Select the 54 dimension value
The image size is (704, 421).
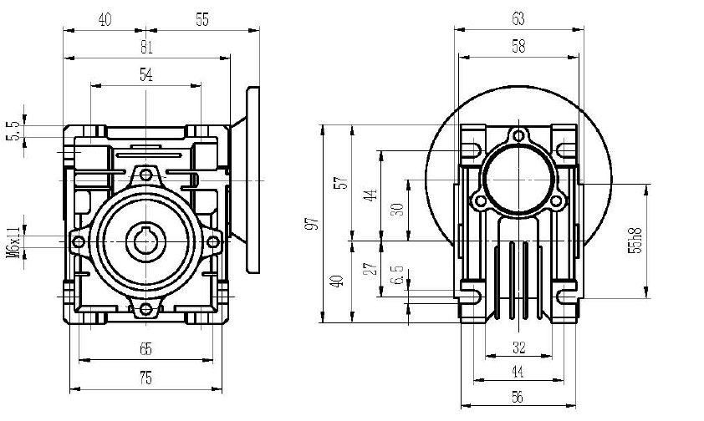[x=145, y=75]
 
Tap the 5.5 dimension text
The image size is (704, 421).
[x=13, y=130]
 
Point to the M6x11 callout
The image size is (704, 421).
[x=13, y=241]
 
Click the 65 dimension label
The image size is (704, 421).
[x=145, y=350]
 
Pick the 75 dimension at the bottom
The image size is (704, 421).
[x=145, y=378]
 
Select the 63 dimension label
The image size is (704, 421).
[x=518, y=18]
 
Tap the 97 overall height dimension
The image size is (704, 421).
[x=312, y=223]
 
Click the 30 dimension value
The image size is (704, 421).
[x=397, y=209]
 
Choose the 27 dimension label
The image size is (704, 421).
[x=369, y=267]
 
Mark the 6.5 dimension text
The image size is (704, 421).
[x=397, y=273]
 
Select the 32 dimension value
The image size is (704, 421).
[x=518, y=346]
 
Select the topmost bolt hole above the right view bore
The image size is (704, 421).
[x=520, y=136]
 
